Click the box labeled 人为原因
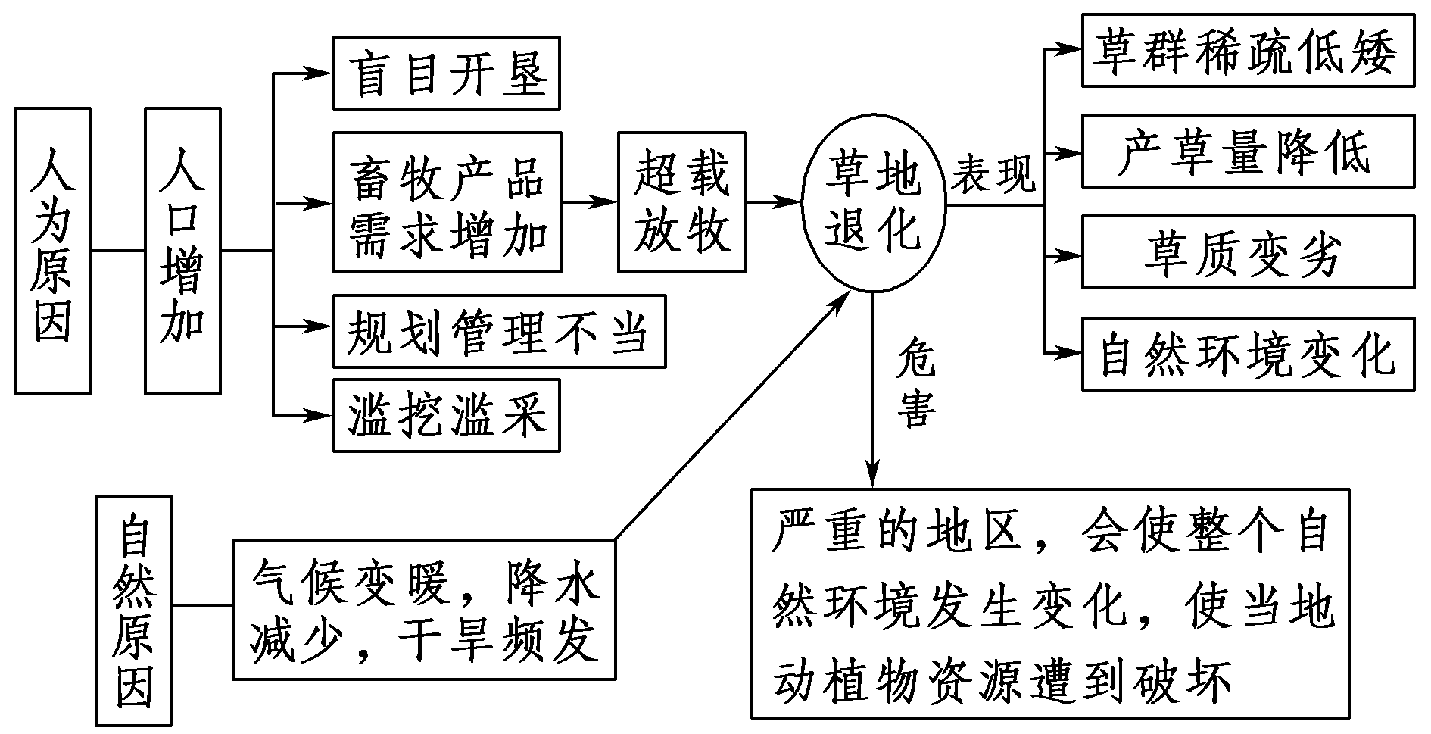point(53,251)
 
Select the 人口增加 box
point(182,251)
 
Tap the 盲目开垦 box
point(447,73)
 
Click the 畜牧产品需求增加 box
point(447,202)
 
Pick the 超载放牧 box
point(681,202)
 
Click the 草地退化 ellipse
point(872,202)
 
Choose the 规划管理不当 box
point(499,332)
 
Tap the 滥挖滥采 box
point(447,415)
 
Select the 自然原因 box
point(134,611)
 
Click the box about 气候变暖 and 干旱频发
point(424,610)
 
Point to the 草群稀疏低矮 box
point(1248,50)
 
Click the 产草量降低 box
point(1248,151)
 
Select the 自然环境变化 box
point(1248,355)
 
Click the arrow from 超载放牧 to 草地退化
point(772,202)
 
